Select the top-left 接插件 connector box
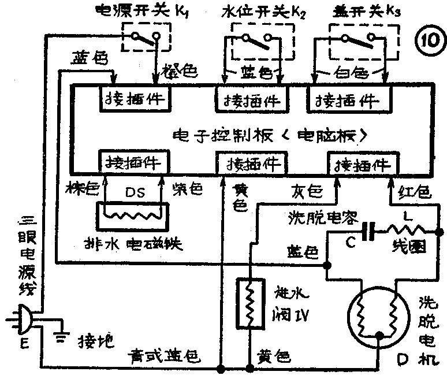134,98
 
